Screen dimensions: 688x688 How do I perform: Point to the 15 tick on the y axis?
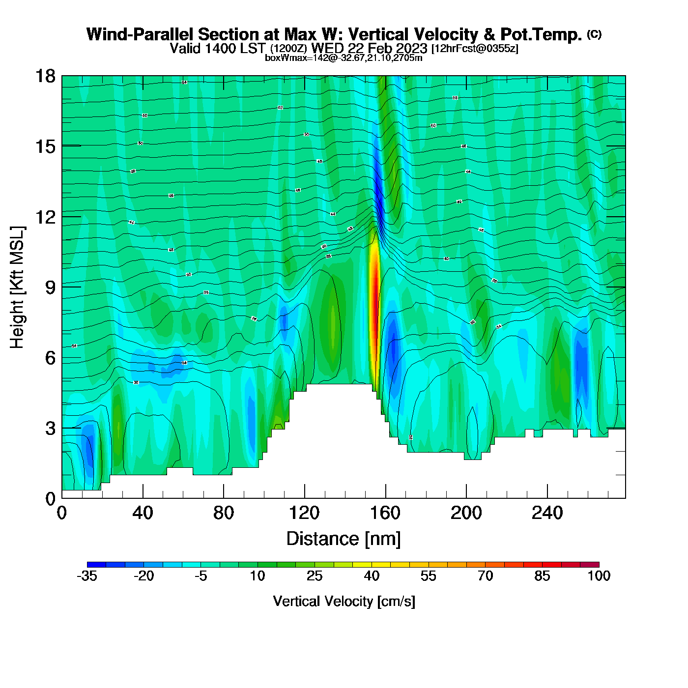[45, 146]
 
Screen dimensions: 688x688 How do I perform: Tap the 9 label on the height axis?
[50, 287]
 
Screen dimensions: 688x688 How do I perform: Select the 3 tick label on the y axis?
[50, 429]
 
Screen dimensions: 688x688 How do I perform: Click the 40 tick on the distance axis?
[143, 513]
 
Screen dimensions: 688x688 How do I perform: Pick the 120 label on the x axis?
[304, 513]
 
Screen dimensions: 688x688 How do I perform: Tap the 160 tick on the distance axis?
[385, 513]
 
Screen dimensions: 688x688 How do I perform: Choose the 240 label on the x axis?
[547, 513]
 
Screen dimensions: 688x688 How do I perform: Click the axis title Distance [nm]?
[344, 539]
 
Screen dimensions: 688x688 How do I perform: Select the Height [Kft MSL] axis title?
[17, 287]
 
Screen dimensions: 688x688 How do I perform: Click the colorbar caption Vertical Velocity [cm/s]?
[344, 601]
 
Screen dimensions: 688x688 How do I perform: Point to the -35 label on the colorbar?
[87, 576]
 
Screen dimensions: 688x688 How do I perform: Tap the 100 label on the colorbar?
[599, 576]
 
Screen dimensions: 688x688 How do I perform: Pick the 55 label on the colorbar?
[429, 576]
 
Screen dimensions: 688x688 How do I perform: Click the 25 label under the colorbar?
[315, 576]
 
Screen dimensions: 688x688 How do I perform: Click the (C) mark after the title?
[594, 34]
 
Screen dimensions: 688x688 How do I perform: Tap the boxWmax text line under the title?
[344, 58]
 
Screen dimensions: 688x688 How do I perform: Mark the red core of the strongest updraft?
[374, 305]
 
